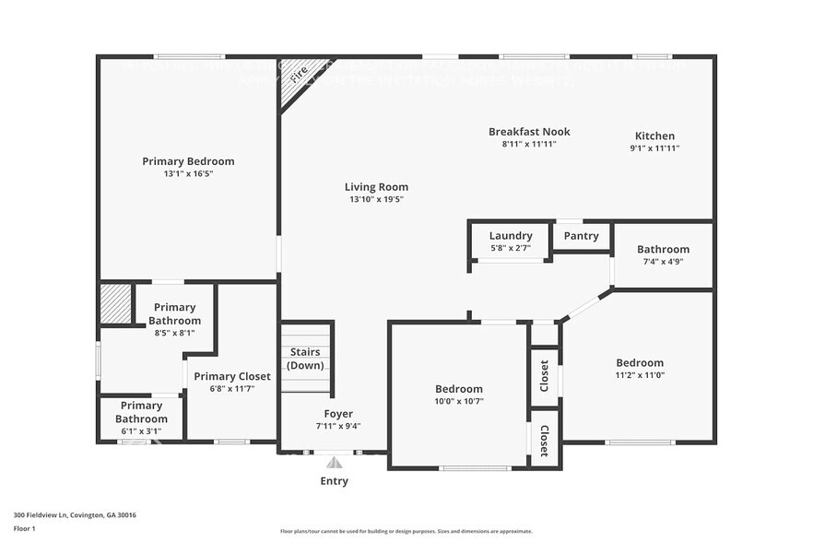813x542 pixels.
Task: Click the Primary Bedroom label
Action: [188, 161]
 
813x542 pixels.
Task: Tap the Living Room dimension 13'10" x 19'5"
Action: [376, 199]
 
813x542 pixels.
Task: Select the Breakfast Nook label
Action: [529, 132]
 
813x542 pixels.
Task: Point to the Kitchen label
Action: [654, 135]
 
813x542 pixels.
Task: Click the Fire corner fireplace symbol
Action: [297, 74]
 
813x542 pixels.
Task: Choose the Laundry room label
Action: [511, 236]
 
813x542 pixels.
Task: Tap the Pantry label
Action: [581, 236]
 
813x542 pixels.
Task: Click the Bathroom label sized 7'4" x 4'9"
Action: [663, 249]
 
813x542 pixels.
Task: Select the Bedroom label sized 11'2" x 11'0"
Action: [639, 363]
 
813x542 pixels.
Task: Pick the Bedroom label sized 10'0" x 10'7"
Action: [458, 389]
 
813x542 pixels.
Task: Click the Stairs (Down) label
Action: [305, 359]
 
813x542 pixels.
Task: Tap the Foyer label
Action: [338, 414]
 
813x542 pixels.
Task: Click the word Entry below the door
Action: [334, 481]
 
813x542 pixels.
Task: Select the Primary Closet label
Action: [232, 376]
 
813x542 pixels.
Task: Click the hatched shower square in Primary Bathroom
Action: [116, 303]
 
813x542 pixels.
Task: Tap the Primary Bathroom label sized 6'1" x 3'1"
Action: [141, 412]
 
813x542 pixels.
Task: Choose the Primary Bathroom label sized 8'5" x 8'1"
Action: [174, 313]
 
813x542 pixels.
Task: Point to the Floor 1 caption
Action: [24, 529]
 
